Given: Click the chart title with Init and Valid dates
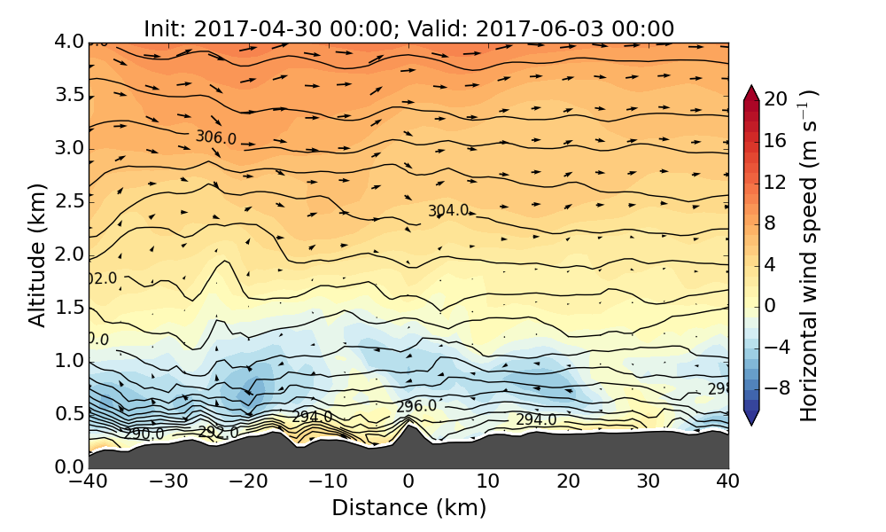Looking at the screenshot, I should coord(408,28).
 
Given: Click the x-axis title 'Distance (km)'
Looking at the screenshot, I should coord(408,508).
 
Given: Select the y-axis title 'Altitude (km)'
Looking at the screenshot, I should coord(36,254).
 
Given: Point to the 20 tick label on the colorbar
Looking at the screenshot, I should coord(776,99).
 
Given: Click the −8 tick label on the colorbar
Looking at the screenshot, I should coord(776,387).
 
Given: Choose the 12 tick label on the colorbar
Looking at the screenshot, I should coord(776,182).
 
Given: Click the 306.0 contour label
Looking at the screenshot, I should coord(216,137).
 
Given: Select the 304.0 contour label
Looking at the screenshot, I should coord(448,211).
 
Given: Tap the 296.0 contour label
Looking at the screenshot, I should coord(416,406).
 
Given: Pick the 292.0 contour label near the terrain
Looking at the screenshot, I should coord(218,433).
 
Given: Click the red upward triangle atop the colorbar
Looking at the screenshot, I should coord(751,92).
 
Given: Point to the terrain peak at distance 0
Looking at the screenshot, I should coord(408,418).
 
